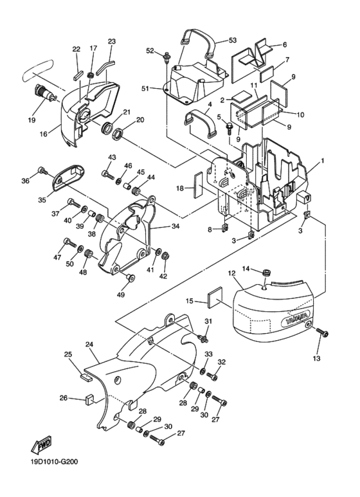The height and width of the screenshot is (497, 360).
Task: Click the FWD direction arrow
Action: point(41,445)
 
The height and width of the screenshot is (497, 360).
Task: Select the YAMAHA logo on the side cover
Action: point(296,319)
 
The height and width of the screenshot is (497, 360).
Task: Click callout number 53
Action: point(232,41)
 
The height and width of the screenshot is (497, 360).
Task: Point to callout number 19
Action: point(32,120)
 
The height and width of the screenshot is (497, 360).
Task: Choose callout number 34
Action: point(175,226)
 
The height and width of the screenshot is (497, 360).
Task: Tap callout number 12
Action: point(231,273)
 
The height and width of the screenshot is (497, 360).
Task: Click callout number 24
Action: point(89,344)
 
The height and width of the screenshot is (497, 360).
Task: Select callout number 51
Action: point(145,89)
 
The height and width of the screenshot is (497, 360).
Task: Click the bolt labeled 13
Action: point(323,333)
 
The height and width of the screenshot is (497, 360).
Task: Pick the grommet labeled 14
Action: point(267,272)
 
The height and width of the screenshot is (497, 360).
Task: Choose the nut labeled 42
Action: point(165,255)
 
